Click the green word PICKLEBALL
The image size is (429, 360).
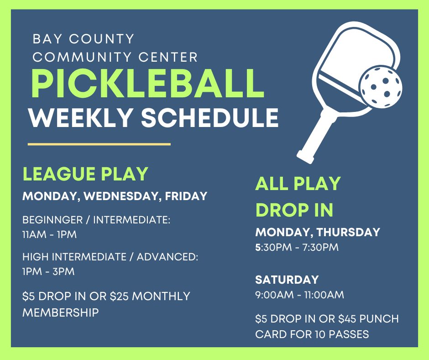147,83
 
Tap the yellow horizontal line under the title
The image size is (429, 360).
99,144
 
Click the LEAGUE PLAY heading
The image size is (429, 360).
85,174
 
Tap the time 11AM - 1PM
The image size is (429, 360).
49,235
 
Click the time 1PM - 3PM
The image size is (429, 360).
48,271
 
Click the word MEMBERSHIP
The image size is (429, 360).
60,312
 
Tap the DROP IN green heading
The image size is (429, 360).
294,210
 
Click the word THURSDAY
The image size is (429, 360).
348,232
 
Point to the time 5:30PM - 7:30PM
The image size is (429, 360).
297,248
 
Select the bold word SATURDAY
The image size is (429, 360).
287,280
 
